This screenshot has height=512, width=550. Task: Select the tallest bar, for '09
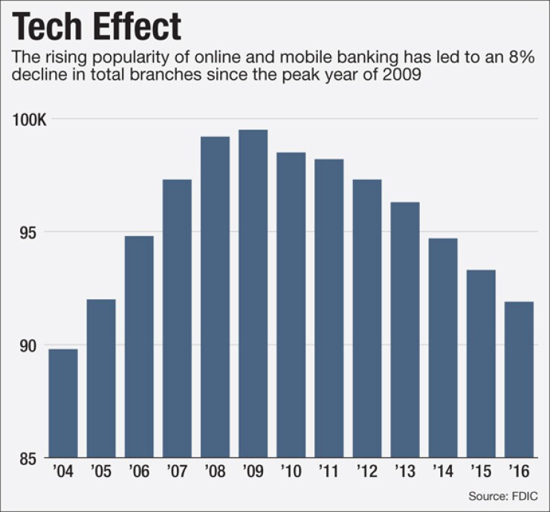253,293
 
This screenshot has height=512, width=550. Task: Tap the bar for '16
519,379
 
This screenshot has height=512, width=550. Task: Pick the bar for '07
177,318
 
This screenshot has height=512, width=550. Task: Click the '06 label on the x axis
139,472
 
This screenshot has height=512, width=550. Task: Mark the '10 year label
291,472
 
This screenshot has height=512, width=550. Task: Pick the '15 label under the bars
481,472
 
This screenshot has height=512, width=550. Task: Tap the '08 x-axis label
215,472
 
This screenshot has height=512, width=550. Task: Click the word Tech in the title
51,28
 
